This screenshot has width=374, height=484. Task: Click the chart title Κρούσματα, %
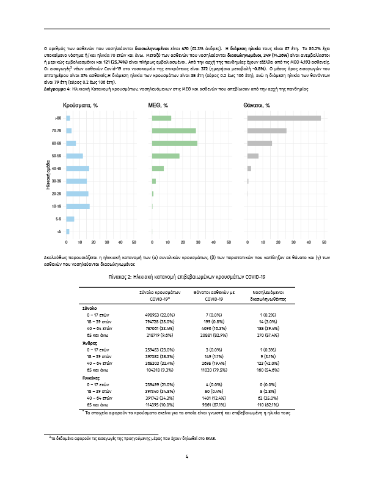click(x=80, y=106)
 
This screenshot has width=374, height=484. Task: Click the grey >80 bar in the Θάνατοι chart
click(x=284, y=118)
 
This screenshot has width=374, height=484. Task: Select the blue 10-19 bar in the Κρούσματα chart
click(x=78, y=207)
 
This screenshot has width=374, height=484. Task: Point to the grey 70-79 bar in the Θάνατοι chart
click(x=266, y=131)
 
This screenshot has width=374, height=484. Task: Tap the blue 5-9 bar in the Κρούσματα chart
click(x=70, y=219)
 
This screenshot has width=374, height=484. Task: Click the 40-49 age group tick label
click(x=56, y=169)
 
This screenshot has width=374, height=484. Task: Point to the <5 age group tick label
click(x=58, y=232)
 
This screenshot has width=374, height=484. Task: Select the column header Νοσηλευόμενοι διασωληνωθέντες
click(x=266, y=296)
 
